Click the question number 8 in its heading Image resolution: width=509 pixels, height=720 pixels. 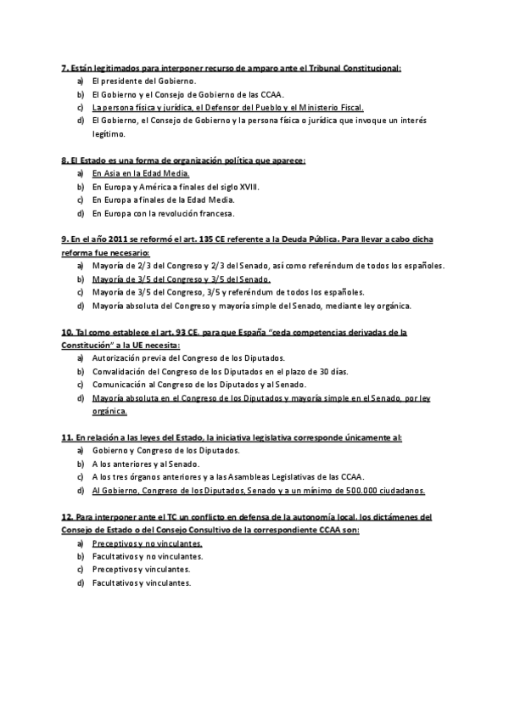pos(64,160)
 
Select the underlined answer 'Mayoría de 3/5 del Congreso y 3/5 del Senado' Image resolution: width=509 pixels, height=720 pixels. pos(182,278)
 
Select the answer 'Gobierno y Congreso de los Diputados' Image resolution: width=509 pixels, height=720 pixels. pos(166,450)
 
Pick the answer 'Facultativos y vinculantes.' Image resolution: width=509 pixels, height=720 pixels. pos(142,582)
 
